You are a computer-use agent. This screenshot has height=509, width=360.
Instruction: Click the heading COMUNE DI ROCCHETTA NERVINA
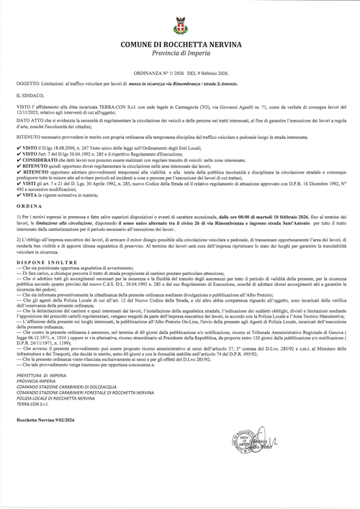tap(179, 45)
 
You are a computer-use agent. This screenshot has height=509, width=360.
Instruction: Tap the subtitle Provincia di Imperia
tap(179, 55)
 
